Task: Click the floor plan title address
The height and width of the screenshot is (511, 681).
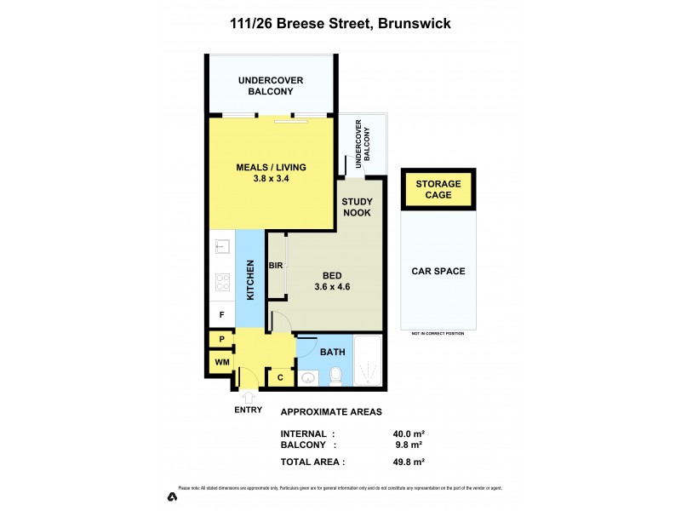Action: click(340, 24)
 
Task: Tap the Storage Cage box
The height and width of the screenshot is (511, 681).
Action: click(438, 189)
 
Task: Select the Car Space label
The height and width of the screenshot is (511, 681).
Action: click(438, 272)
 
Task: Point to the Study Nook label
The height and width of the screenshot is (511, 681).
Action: click(357, 207)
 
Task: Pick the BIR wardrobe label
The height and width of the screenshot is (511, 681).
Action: click(276, 266)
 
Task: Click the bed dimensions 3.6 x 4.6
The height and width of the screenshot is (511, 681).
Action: click(331, 287)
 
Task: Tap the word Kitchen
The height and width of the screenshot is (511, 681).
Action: click(251, 280)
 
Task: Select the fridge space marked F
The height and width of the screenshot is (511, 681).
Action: click(221, 315)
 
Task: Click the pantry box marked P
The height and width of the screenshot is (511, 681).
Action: click(221, 340)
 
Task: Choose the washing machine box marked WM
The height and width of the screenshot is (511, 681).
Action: click(221, 363)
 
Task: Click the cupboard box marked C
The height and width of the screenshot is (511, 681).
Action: click(279, 376)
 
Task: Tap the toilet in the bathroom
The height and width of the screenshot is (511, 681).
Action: click(337, 373)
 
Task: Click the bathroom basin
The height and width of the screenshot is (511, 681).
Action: click(309, 376)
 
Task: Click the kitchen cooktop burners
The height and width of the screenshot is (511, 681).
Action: click(221, 281)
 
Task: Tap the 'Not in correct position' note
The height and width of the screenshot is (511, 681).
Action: click(438, 333)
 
